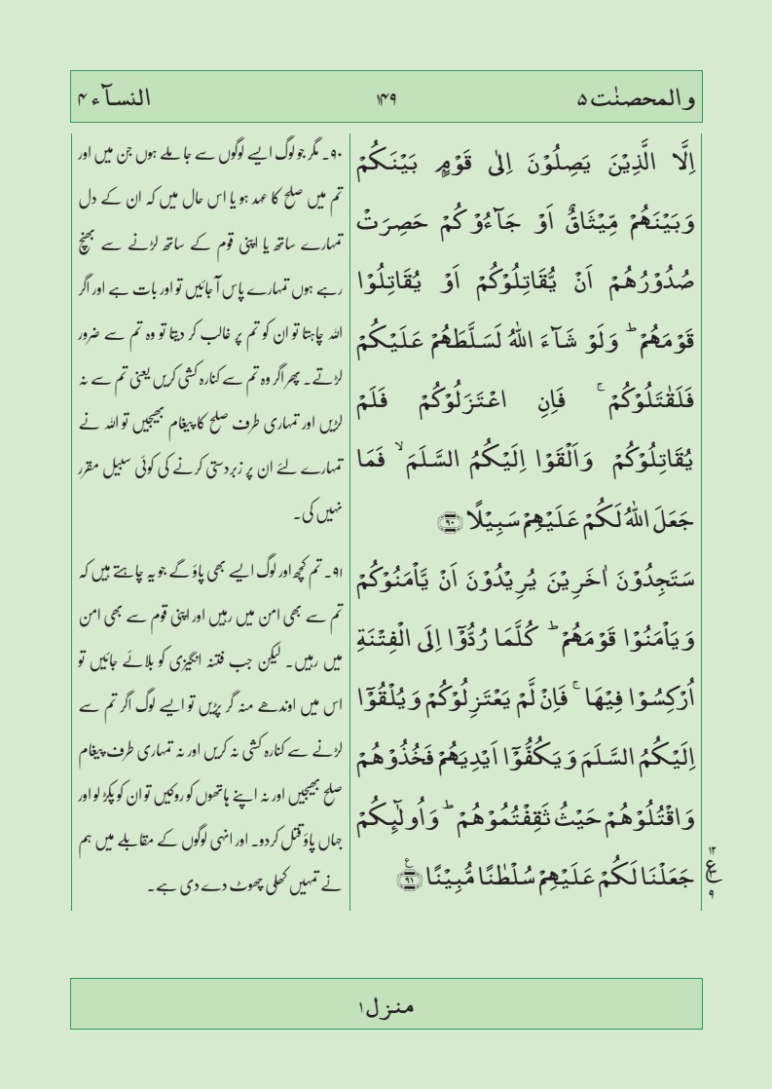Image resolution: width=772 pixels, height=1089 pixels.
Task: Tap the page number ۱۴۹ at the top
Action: (x=387, y=98)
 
